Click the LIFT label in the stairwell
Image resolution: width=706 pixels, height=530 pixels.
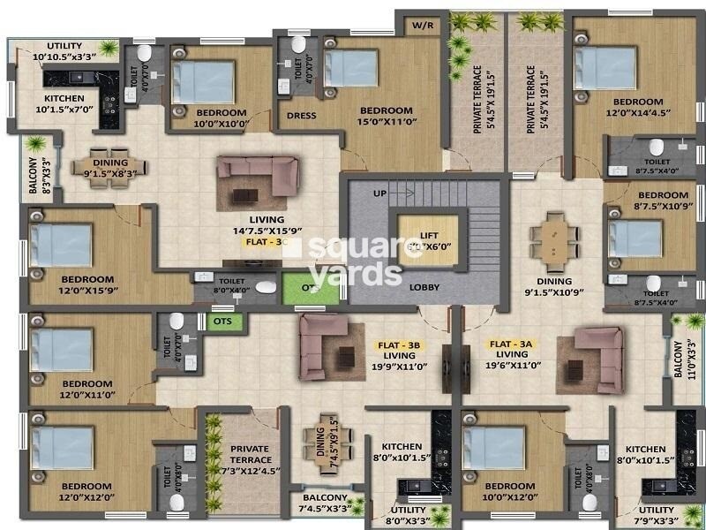click(x=429, y=236)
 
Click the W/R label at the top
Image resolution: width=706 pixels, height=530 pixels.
click(x=419, y=25)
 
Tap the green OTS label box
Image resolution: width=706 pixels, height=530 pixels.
click(x=222, y=322)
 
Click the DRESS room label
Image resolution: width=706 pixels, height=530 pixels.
click(x=302, y=115)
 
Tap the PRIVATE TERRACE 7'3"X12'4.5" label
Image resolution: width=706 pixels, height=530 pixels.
click(x=250, y=460)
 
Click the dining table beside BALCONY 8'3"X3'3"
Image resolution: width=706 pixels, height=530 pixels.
click(x=109, y=163)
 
